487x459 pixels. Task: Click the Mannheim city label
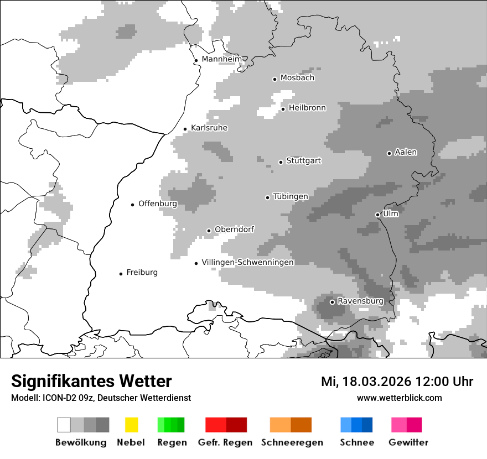pos(221,59)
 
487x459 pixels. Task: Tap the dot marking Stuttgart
pos(281,162)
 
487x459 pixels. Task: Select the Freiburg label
pos(142,272)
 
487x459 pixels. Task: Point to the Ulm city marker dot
pos(377,215)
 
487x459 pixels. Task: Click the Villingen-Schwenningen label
pos(247,262)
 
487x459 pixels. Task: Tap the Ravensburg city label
pos(360,301)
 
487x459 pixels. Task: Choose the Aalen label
pos(406,152)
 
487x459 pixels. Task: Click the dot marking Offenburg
pos(132,205)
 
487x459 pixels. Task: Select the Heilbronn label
pos(307,108)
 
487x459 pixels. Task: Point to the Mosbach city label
pos(297,78)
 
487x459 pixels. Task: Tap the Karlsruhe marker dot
pos(185,129)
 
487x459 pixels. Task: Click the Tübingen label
pos(291,196)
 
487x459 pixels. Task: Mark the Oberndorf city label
pos(234,229)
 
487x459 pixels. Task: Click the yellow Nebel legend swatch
pos(131,425)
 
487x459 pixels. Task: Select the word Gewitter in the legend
pos(408,442)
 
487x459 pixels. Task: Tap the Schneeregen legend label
pos(292,442)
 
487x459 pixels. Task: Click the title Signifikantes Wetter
pos(91,381)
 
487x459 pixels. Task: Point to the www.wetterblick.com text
pos(399,398)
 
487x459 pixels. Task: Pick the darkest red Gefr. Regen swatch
pos(236,425)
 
